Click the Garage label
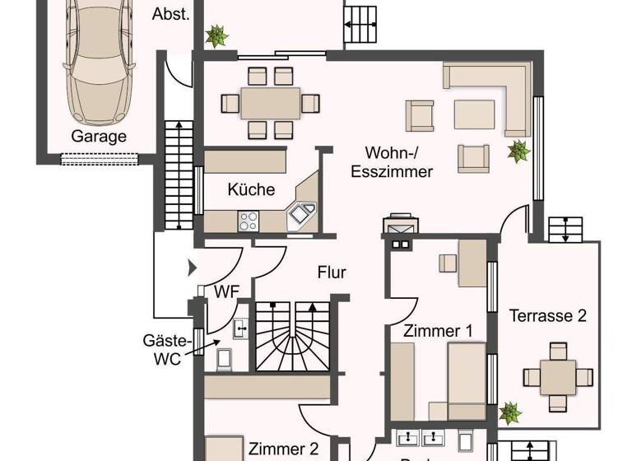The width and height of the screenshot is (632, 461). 99,137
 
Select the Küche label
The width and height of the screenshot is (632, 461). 251,189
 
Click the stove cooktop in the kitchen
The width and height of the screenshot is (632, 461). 249,221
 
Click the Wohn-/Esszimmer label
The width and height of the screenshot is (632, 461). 392,162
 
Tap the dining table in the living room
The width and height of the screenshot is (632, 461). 270,103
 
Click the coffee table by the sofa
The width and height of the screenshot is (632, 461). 474,114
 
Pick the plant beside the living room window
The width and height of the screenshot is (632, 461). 518,151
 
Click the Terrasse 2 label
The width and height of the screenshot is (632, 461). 547,315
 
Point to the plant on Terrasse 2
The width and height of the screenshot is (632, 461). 510,412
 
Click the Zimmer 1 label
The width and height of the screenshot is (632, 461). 437,331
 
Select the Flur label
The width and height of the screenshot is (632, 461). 332,272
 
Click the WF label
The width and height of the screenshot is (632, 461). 226,291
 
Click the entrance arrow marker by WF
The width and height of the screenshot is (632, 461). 193,267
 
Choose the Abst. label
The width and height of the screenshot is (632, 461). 171,13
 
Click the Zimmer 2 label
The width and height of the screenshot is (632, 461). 283,449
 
